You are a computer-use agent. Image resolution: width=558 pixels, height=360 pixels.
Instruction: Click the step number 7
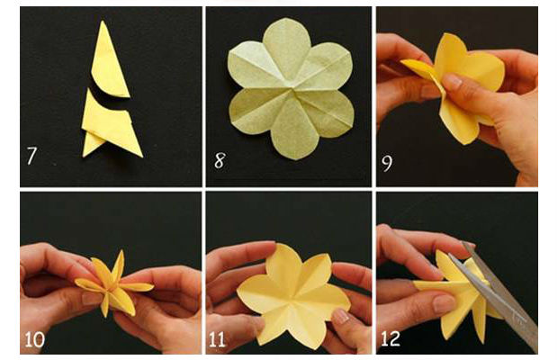31,156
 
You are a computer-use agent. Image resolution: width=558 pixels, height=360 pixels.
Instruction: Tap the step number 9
387,163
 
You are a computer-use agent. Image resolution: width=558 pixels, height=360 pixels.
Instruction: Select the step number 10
34,339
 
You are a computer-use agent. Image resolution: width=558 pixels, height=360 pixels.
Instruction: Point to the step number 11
217,339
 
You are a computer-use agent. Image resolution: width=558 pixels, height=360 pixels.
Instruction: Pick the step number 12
391,339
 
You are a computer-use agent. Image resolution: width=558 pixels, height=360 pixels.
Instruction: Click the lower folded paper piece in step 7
111,124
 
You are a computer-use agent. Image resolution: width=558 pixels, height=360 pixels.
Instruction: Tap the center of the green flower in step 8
292,89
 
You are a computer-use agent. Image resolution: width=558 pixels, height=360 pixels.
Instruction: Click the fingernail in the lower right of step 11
340,316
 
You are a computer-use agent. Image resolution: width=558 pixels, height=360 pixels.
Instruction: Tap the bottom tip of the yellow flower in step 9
463,143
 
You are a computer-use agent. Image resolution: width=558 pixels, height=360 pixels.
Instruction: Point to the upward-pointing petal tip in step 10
122,251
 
